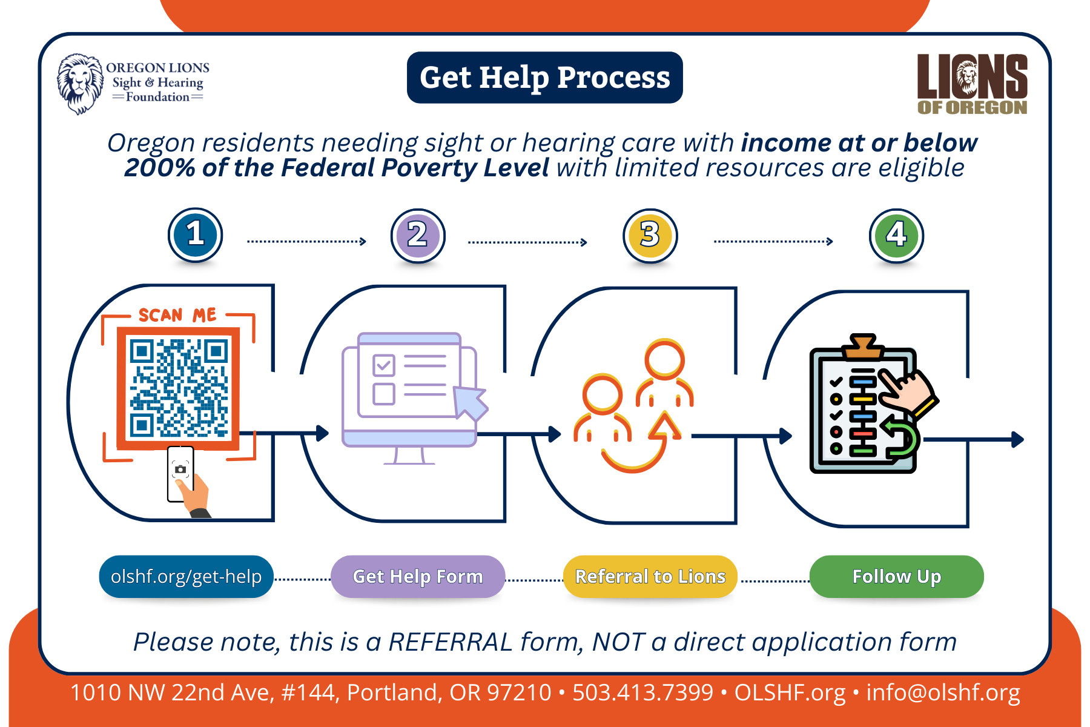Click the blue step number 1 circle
[195, 235]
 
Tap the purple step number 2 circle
[418, 236]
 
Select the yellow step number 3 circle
[650, 236]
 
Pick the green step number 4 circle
[896, 236]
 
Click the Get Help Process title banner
[544, 78]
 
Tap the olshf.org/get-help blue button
[186, 576]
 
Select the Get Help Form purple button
[418, 576]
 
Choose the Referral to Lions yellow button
[650, 576]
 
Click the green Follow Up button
[896, 576]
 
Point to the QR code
[178, 388]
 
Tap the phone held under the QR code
[180, 473]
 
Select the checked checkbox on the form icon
[384, 365]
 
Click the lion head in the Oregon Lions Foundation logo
[80, 84]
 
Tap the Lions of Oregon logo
[972, 84]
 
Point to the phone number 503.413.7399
[642, 692]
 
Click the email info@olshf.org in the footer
[943, 692]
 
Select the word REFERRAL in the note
[451, 642]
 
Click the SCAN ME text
[177, 315]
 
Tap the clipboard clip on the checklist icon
[862, 346]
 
